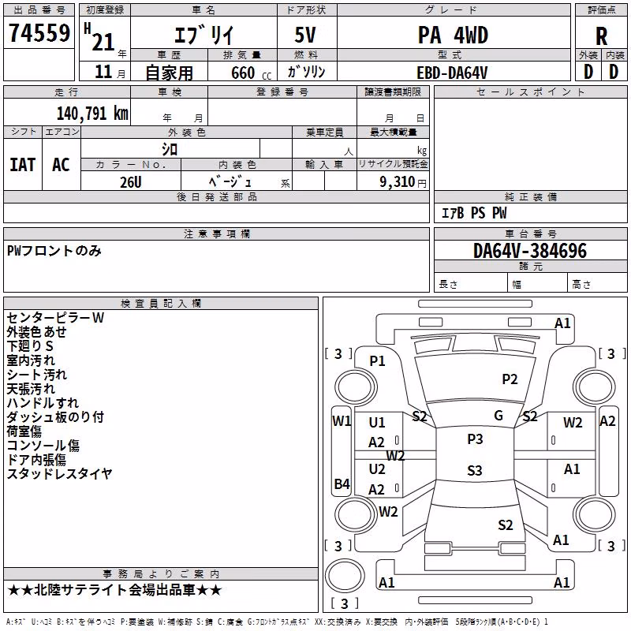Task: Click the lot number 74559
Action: [x=39, y=32]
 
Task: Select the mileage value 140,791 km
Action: [x=92, y=114]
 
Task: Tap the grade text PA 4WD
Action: [x=453, y=35]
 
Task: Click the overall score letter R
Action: [x=601, y=36]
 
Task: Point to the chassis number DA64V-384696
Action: [x=530, y=251]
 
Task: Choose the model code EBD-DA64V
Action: [x=452, y=73]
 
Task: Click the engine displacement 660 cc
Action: [x=251, y=73]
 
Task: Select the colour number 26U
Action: [x=131, y=182]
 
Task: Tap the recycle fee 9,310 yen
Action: [x=403, y=182]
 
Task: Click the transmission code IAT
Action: [x=23, y=165]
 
